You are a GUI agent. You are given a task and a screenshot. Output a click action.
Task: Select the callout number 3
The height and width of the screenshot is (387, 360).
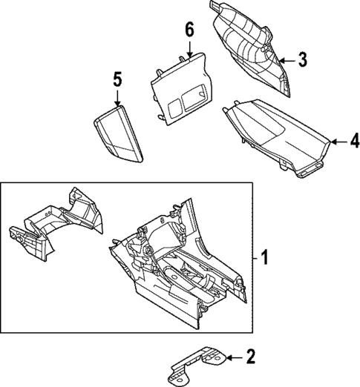point(303,59)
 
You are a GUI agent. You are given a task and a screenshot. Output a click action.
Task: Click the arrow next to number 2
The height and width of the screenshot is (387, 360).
point(232,358)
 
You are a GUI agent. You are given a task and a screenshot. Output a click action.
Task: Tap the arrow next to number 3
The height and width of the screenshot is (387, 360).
point(286,59)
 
